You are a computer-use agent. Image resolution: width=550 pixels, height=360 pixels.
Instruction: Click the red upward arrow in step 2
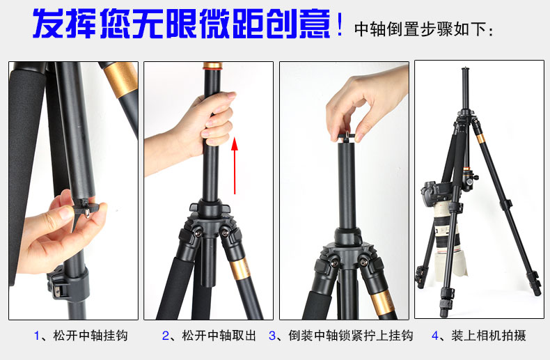(235, 165)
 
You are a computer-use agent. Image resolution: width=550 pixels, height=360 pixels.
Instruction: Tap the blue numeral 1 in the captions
(37, 336)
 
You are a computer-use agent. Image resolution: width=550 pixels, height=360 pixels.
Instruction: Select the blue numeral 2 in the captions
(166, 336)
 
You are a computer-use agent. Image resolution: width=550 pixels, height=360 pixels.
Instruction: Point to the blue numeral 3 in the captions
(272, 336)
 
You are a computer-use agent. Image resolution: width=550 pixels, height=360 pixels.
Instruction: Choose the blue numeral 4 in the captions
(435, 336)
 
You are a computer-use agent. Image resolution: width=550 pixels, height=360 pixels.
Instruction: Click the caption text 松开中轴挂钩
(91, 336)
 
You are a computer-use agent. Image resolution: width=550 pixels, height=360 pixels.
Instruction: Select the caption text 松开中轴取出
(219, 336)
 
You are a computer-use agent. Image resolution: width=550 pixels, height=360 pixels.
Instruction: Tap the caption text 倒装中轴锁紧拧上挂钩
(351, 336)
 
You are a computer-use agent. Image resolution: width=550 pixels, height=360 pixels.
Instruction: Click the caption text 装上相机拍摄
(489, 336)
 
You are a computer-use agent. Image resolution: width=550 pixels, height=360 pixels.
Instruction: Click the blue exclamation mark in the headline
(339, 24)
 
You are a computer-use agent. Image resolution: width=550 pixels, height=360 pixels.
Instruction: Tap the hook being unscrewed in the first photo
(86, 208)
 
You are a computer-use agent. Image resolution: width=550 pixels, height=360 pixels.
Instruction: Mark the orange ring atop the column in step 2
(212, 65)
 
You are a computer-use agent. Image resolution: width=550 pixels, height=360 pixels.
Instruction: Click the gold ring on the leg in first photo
(121, 79)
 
